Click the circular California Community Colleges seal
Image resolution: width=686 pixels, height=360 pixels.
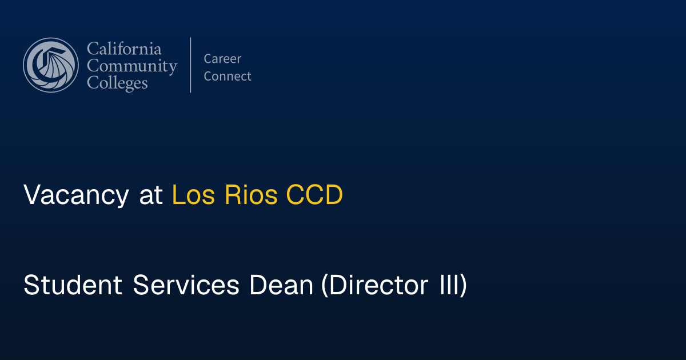(51, 65)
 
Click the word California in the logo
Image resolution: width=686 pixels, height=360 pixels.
(124, 49)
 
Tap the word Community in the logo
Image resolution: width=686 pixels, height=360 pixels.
(131, 66)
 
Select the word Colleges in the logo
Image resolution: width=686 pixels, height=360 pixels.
(117, 83)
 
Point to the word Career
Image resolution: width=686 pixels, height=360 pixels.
(222, 59)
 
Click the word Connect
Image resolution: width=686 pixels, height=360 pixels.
(228, 77)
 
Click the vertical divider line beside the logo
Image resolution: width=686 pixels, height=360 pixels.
(190, 65)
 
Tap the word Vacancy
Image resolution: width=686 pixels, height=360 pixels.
(76, 196)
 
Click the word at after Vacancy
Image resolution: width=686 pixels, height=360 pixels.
(151, 196)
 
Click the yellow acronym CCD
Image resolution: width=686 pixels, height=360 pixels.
(314, 196)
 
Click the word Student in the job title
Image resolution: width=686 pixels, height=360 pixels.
(73, 286)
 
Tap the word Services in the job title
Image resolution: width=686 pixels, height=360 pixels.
(186, 286)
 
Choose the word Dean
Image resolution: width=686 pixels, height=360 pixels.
(281, 286)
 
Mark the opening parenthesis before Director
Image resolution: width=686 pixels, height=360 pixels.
(324, 286)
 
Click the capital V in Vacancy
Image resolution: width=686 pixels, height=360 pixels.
(32, 196)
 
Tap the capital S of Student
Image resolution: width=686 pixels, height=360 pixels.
(31, 286)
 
